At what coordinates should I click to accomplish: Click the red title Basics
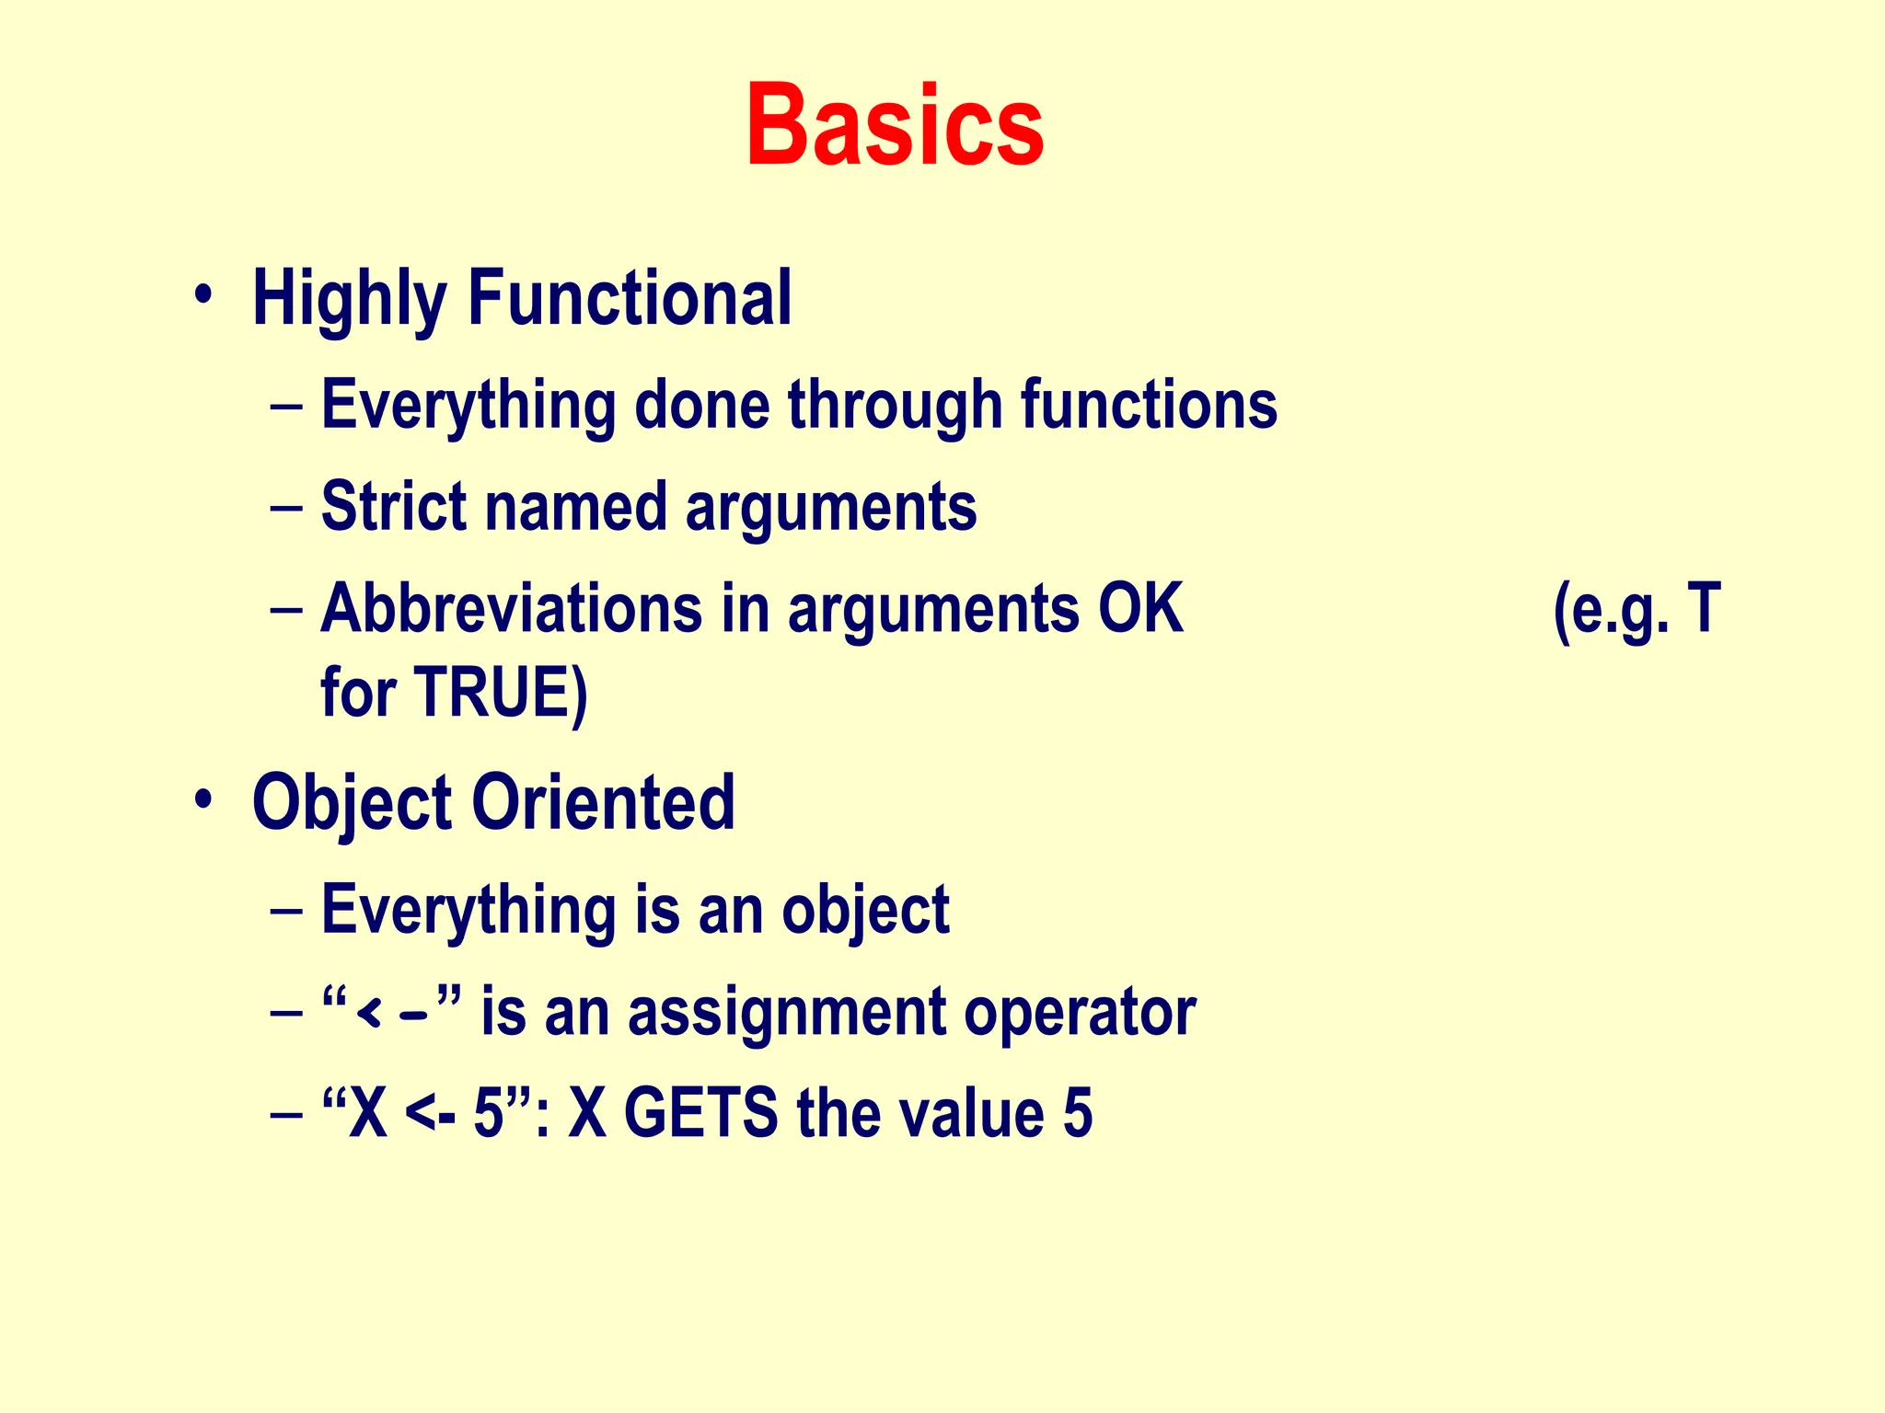[x=895, y=125]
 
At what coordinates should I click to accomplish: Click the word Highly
[x=349, y=298]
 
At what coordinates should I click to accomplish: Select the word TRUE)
[x=501, y=692]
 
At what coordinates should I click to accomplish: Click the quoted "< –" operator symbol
[x=391, y=1012]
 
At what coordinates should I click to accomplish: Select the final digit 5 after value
[x=1077, y=1113]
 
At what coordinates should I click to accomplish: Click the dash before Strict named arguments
[x=287, y=507]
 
